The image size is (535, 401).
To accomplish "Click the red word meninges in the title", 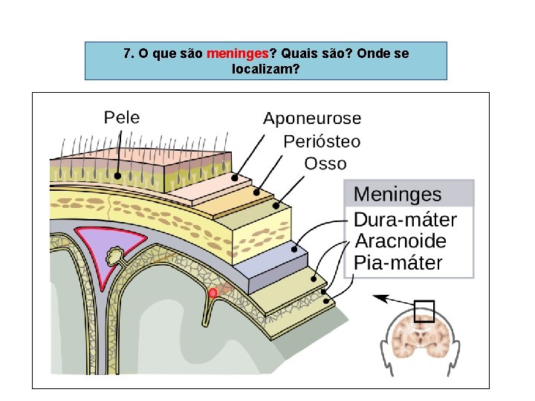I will coord(237,54).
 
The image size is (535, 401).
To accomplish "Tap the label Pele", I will coord(121,117).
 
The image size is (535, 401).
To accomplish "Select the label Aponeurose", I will coord(312,118).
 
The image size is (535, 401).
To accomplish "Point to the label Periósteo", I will coord(322,141).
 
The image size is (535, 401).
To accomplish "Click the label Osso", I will coord(325,163).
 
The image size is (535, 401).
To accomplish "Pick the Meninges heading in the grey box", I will coord(397,195).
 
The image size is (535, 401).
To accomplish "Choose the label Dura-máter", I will coord(405,220).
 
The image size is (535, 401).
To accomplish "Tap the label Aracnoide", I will coord(400,241).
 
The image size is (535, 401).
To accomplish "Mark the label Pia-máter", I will coord(398,263).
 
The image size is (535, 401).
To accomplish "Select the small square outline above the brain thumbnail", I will coord(424,311).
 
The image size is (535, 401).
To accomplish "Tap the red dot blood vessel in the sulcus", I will coord(213,293).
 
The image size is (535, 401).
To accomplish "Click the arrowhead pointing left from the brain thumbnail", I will coord(379,297).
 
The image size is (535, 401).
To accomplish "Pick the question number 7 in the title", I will coord(128,54).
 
